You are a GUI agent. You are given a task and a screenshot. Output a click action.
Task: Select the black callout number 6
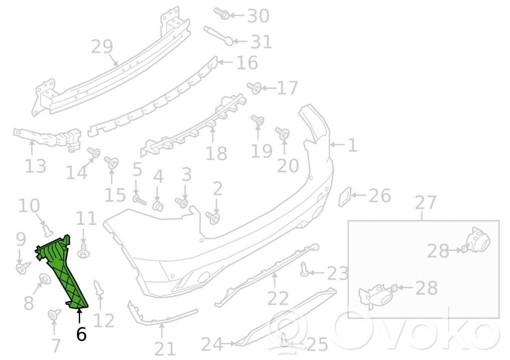pyautogui.click(x=81, y=334)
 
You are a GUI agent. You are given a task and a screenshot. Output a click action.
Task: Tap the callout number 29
pyautogui.click(x=102, y=47)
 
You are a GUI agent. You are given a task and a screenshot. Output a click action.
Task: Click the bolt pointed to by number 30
pyautogui.click(x=221, y=13)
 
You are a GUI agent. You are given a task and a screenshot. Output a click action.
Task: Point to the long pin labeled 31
pyautogui.click(x=218, y=36)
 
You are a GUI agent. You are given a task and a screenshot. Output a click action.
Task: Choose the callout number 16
pyautogui.click(x=247, y=62)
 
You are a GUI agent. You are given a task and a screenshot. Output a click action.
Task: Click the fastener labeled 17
pyautogui.click(x=254, y=88)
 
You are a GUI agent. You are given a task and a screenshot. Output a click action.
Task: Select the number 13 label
pyautogui.click(x=36, y=166)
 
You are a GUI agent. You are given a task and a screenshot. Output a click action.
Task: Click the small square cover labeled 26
pyautogui.click(x=345, y=196)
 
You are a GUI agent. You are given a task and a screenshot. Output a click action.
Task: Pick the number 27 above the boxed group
pyautogui.click(x=426, y=203)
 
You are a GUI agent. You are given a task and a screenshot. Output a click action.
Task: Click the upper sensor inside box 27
pyautogui.click(x=477, y=241)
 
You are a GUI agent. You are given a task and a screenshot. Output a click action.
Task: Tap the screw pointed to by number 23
pyautogui.click(x=304, y=269)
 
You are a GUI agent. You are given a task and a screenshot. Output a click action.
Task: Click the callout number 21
pyautogui.click(x=165, y=349)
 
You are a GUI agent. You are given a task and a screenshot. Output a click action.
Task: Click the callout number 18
pyautogui.click(x=216, y=153)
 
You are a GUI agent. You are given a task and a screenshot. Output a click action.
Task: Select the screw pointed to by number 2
pyautogui.click(x=213, y=217)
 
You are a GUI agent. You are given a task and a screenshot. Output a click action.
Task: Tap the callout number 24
pyautogui.click(x=212, y=344)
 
